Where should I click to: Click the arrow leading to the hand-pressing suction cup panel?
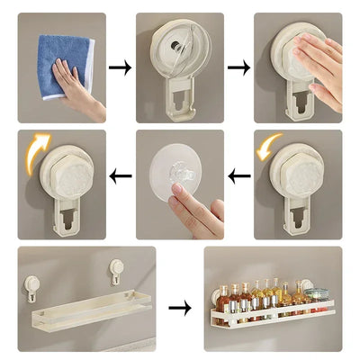point(238,67)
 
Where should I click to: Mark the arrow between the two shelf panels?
point(179,308)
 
